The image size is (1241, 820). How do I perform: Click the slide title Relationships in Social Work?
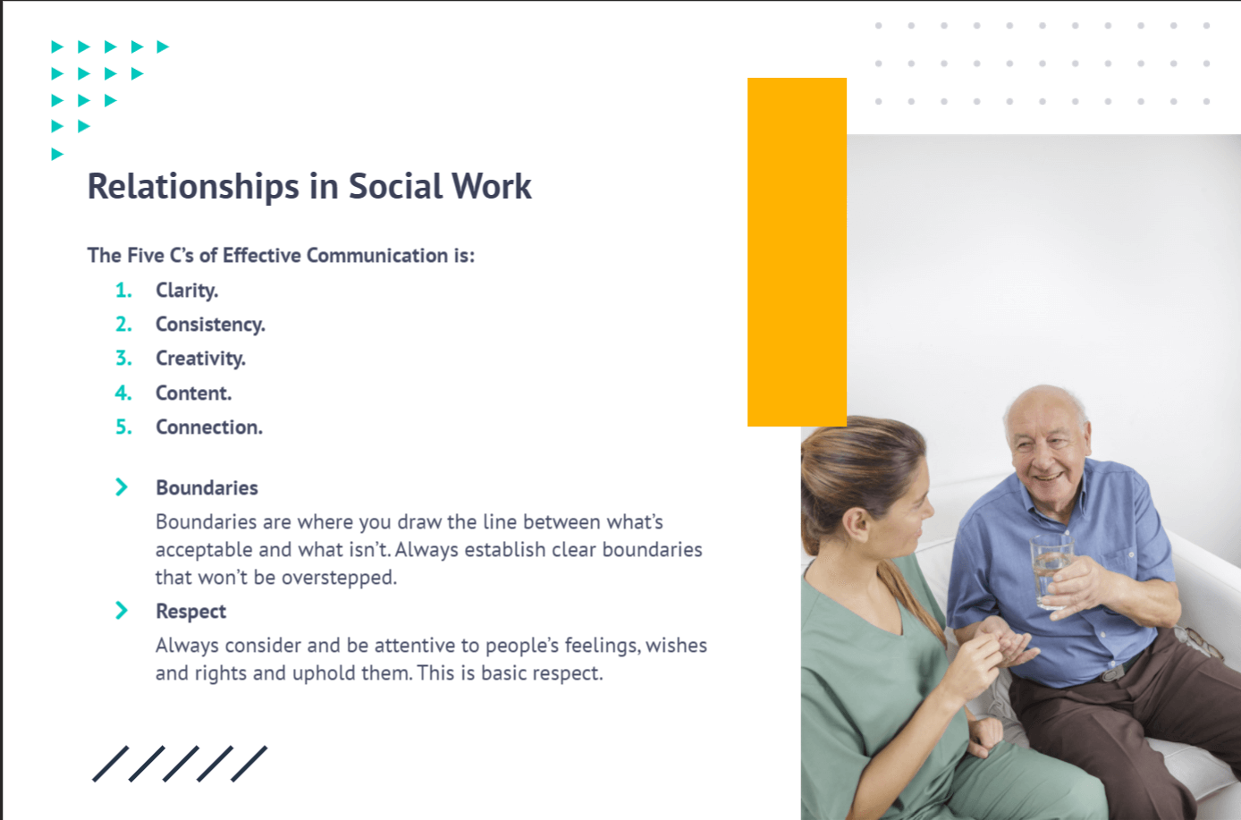(309, 186)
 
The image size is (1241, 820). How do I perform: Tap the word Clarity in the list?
(187, 291)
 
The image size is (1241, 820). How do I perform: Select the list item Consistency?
(210, 325)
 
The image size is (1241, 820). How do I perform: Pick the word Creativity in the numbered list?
(200, 359)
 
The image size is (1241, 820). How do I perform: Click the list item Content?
(193, 393)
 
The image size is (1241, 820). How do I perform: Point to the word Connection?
(209, 427)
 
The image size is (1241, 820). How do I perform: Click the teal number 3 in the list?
(123, 359)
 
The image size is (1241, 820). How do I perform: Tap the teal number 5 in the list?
(123, 427)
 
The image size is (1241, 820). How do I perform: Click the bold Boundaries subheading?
(207, 487)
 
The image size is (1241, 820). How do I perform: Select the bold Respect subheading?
(190, 612)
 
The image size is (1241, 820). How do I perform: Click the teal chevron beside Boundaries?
(122, 487)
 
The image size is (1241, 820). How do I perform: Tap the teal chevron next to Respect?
(122, 611)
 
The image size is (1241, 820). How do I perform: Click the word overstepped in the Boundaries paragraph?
(339, 578)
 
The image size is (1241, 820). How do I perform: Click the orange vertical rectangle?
(797, 252)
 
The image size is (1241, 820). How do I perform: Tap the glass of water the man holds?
(1051, 571)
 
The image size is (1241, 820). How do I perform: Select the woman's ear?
(857, 525)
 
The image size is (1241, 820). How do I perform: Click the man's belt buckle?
(1110, 672)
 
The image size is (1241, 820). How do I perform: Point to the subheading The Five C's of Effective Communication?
(281, 256)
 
